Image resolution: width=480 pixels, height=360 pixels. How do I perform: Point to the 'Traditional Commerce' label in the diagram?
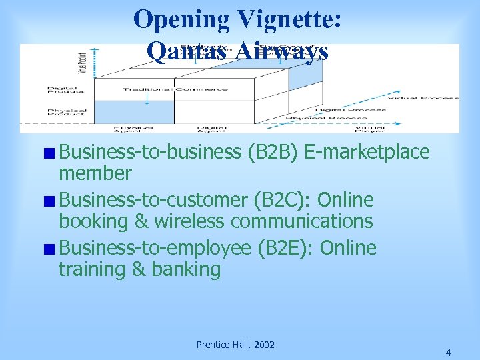click(x=175, y=89)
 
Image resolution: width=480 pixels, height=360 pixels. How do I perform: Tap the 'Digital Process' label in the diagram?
click(x=351, y=110)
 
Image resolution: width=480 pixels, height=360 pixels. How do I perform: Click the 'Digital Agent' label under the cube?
click(x=212, y=129)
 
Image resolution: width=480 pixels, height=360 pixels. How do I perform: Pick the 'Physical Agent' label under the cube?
click(x=133, y=129)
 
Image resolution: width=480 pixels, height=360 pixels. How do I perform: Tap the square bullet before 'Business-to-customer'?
click(x=51, y=201)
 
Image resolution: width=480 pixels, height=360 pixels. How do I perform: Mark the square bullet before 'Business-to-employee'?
click(x=51, y=249)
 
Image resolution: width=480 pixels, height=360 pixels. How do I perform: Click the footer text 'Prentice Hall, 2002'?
click(x=235, y=345)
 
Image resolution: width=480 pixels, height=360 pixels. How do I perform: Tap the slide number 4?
click(x=448, y=352)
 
